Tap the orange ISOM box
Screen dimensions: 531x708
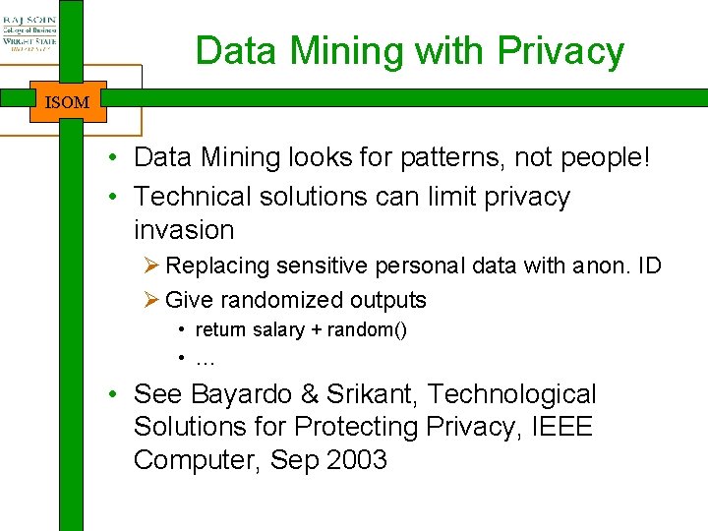pos(68,101)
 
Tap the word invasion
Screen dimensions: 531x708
pos(184,230)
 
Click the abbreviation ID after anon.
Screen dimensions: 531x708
pos(649,265)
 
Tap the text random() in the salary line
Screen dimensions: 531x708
pos(366,330)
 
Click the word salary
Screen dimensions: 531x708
pos(278,330)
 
